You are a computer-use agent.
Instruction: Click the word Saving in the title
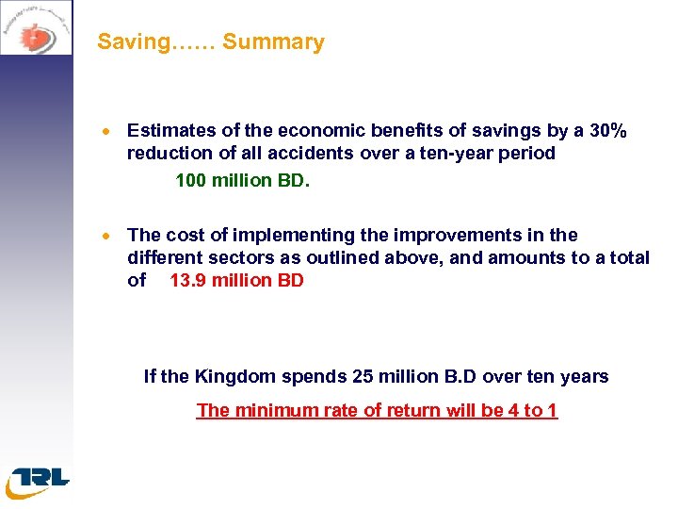(126, 42)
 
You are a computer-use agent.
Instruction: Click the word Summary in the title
(273, 42)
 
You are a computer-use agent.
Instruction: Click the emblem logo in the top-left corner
(36, 28)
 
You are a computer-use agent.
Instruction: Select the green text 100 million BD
(242, 179)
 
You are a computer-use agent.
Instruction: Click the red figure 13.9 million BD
(236, 280)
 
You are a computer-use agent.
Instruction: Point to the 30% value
(607, 130)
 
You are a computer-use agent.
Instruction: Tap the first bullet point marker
(109, 132)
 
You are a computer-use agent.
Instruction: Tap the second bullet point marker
(109, 237)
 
